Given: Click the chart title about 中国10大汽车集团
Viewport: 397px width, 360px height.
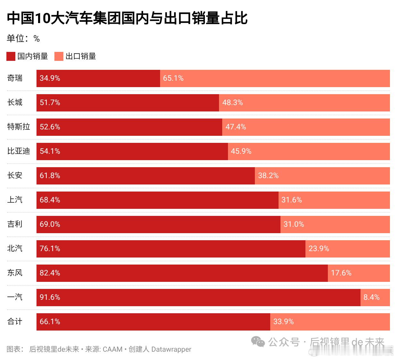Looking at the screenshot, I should click(x=127, y=18).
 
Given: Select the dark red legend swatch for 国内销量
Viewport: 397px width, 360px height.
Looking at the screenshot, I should click(x=11, y=56).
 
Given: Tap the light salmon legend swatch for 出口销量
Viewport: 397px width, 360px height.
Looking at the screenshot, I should click(x=59, y=56).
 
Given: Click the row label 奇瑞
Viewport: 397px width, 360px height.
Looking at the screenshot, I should click(x=15, y=78).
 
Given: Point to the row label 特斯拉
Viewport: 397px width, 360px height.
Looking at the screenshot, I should click(x=19, y=127).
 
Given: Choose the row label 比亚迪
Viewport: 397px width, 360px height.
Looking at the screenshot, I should click(x=19, y=151).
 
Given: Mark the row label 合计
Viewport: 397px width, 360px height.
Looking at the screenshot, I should click(x=15, y=322).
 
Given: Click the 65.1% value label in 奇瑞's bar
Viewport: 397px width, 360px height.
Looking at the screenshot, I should click(x=173, y=78).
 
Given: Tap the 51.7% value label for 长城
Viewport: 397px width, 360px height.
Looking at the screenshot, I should click(x=50, y=102).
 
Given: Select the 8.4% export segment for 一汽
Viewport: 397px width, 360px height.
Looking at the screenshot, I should click(x=375, y=297).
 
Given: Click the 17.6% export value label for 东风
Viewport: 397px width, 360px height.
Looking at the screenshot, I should click(x=341, y=273).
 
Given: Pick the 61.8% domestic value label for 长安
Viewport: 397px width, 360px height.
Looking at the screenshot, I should click(x=50, y=176).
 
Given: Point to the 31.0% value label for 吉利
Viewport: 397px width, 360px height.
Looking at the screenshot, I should click(x=294, y=224).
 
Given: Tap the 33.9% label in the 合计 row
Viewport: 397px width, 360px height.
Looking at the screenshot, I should click(x=283, y=322).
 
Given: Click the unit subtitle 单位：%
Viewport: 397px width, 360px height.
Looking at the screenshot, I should click(x=23, y=39).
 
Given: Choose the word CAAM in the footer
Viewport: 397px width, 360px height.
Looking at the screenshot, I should click(x=112, y=349).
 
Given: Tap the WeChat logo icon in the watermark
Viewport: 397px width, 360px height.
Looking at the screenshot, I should click(x=258, y=342).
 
